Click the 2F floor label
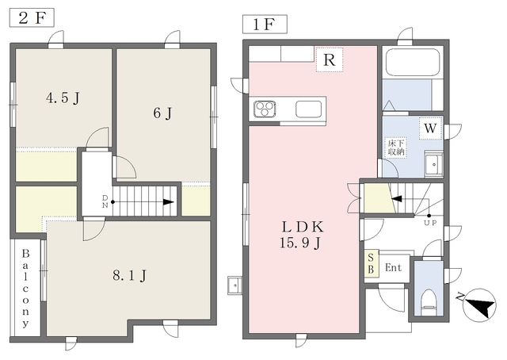32,18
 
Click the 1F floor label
265,25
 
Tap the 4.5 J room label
63,98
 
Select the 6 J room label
162,113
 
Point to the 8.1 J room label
130,276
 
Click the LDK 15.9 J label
302,235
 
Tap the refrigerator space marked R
330,60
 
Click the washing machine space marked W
430,128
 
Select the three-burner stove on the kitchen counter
265,109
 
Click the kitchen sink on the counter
309,109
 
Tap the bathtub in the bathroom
413,63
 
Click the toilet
429,303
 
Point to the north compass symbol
478,305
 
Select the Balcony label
25,288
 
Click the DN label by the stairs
105,201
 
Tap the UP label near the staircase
430,223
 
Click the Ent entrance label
394,268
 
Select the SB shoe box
372,263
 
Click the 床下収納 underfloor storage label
396,147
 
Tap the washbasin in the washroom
434,164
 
